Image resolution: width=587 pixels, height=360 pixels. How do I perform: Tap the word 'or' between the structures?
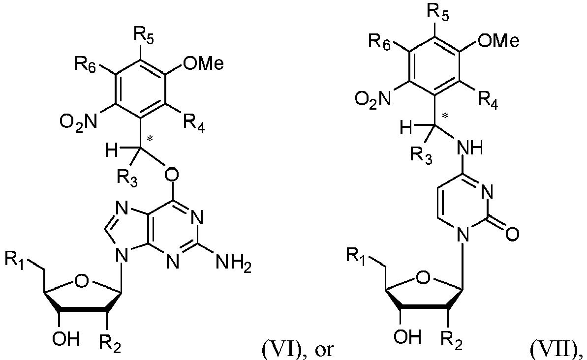click(x=323, y=350)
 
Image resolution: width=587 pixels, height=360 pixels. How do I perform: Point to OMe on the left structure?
click(x=203, y=63)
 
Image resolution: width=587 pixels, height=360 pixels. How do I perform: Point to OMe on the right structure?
click(x=498, y=40)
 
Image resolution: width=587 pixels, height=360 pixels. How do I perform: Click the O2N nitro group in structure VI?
click(x=79, y=122)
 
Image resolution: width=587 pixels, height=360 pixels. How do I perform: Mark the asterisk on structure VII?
click(x=445, y=117)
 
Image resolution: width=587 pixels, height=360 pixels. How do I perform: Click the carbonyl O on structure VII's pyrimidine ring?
click(x=512, y=234)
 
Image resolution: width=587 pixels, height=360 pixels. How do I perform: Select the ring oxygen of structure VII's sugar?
click(x=423, y=278)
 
